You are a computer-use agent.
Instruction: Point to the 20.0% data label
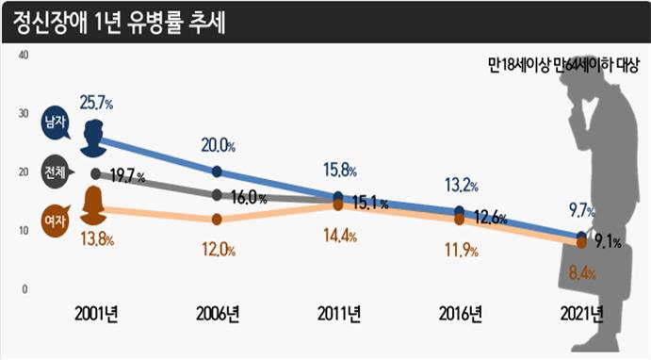(x=218, y=146)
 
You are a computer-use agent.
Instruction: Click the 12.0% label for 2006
(x=218, y=251)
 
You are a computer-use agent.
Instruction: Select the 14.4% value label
(x=339, y=237)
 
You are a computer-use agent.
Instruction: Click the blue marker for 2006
(x=218, y=172)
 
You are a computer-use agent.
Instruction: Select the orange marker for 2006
(x=218, y=219)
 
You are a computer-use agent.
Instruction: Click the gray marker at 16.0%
(x=218, y=195)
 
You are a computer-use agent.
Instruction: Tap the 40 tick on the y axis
(x=24, y=55)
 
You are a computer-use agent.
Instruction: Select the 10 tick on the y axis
(x=24, y=230)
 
